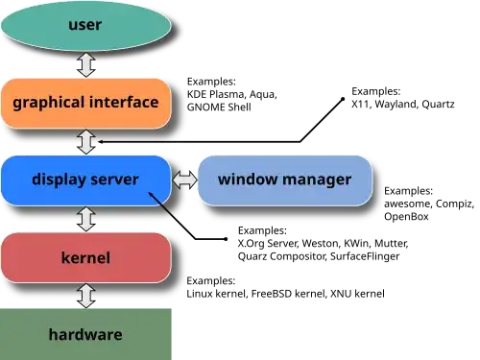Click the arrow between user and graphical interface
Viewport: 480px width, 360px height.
coord(85,65)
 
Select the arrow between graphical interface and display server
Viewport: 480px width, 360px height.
coord(85,141)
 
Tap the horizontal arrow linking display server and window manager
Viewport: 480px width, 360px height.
coord(185,180)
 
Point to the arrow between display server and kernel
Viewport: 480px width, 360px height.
coord(85,219)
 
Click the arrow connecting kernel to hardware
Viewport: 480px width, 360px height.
coord(85,295)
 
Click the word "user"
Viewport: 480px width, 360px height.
coord(85,24)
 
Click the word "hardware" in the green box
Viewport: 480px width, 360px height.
coord(85,335)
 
